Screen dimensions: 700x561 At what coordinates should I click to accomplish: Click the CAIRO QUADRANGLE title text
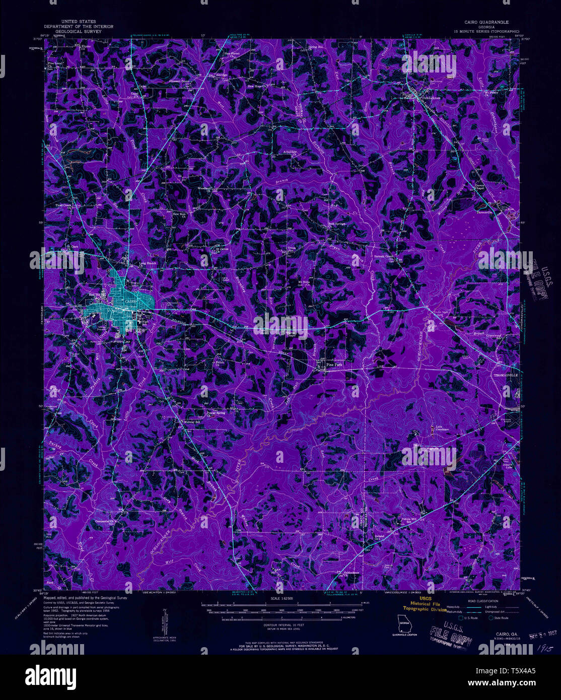click(486, 22)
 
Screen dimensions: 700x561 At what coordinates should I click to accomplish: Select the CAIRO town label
click(130, 302)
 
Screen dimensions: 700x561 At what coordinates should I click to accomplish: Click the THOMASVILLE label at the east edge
click(505, 375)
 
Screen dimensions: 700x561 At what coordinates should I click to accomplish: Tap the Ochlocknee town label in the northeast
click(431, 98)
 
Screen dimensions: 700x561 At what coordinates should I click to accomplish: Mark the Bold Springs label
click(337, 224)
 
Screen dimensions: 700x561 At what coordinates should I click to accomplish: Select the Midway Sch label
click(192, 422)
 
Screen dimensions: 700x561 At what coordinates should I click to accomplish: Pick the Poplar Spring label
click(215, 413)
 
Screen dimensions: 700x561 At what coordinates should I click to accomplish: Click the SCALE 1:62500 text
click(283, 598)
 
